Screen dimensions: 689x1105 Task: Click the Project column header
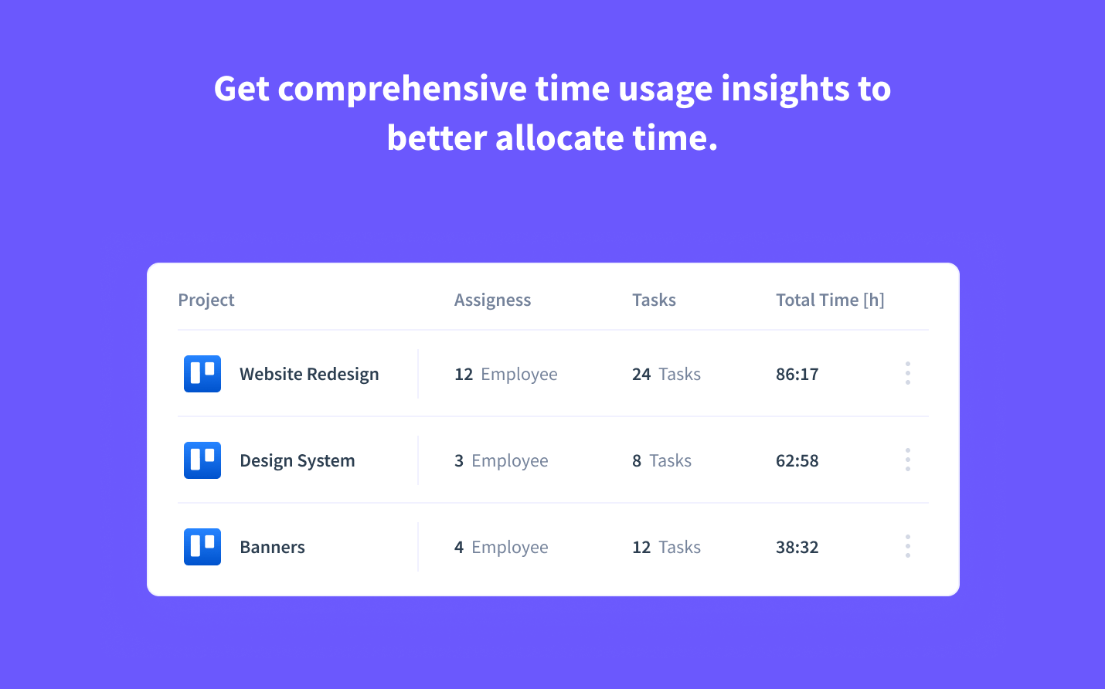206,300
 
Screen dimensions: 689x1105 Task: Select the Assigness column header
492,300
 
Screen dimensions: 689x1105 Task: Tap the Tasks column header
654,300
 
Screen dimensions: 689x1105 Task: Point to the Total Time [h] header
830,300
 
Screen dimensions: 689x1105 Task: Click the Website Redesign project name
309,374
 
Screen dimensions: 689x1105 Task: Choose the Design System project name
297,460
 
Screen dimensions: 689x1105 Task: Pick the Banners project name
272,547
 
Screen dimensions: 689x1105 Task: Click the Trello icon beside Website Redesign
202,374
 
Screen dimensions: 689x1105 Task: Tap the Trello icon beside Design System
202,460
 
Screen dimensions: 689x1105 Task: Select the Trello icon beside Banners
202,547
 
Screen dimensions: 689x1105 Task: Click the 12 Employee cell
506,374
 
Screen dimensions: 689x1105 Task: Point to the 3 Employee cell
501,460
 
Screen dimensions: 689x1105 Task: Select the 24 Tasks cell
666,374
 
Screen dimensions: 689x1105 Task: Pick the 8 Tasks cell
661,460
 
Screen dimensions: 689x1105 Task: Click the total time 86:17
797,374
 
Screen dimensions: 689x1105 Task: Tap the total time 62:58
797,460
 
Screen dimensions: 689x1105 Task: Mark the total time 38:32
797,547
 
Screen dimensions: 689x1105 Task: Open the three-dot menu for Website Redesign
908,373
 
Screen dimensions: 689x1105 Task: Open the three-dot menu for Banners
908,546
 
